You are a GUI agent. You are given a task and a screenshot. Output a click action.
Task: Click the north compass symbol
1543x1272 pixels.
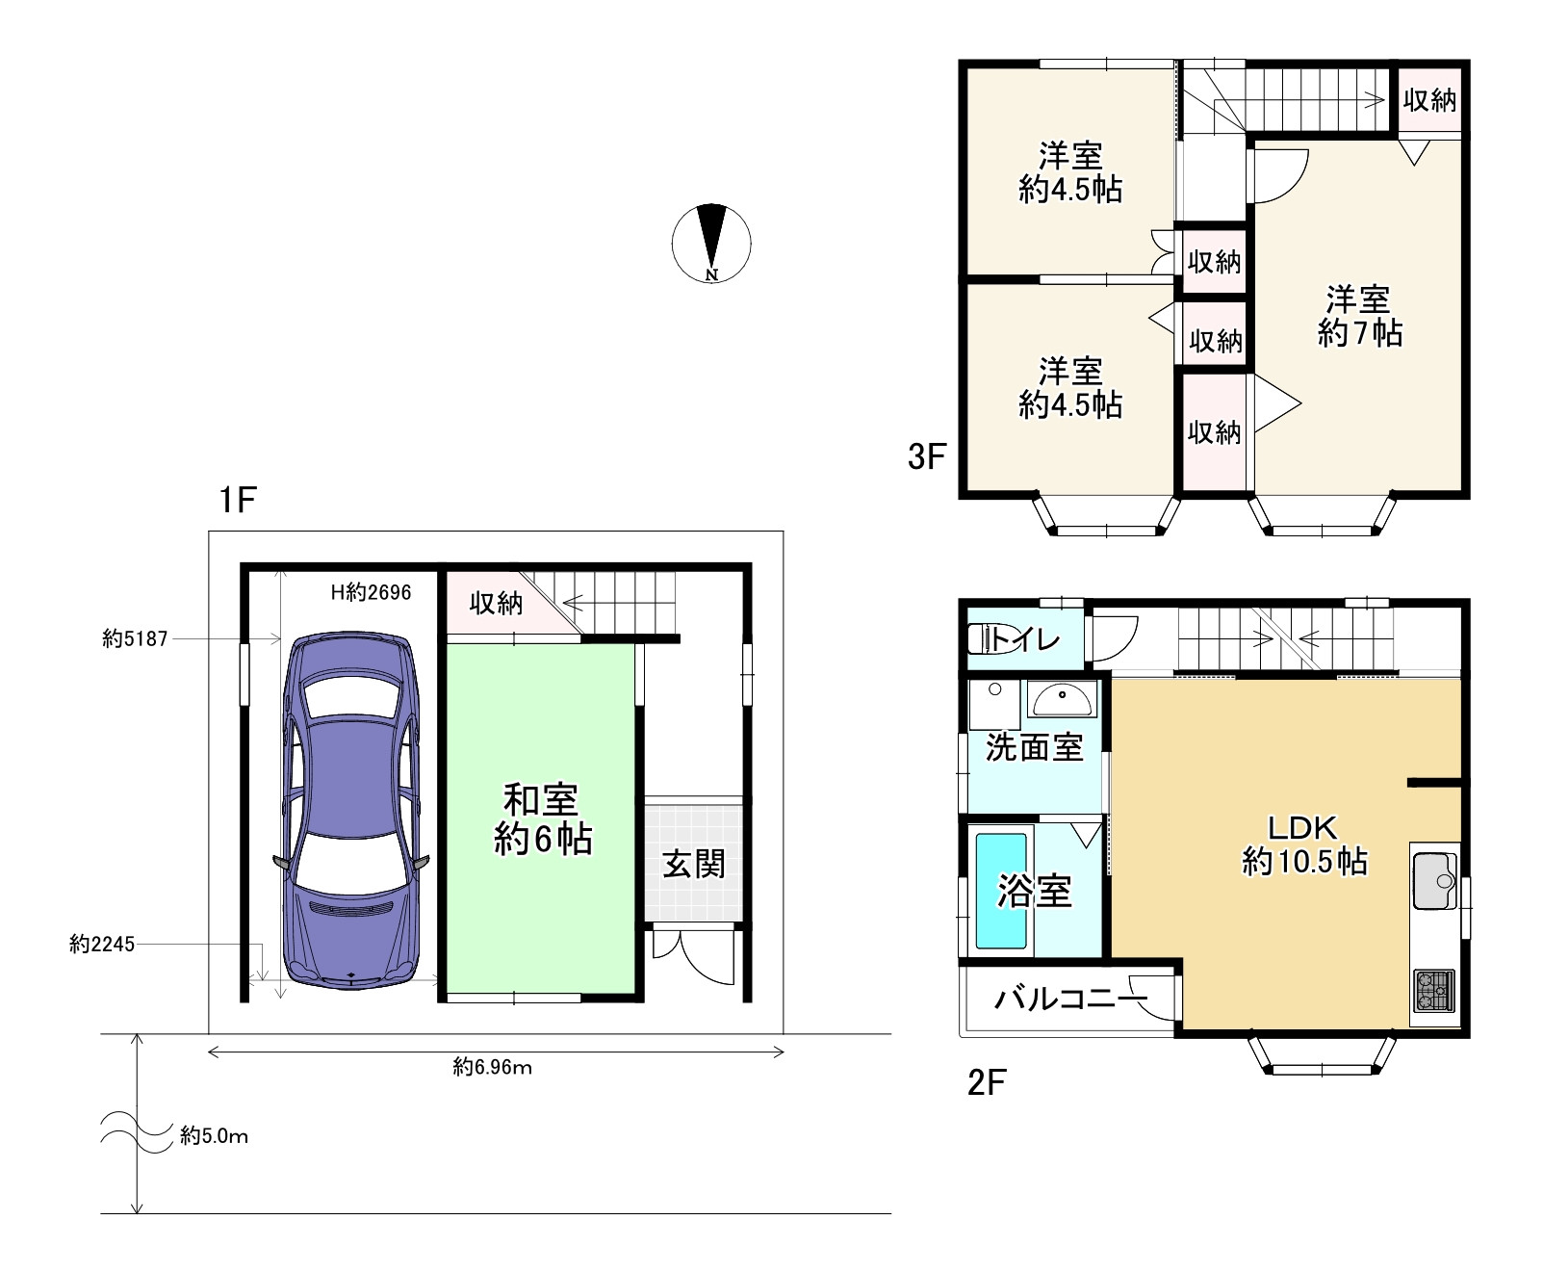click(x=711, y=243)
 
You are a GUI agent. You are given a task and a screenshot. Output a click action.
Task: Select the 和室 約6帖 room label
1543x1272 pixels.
click(x=542, y=819)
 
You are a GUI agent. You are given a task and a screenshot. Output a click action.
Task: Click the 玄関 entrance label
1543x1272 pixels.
click(x=693, y=864)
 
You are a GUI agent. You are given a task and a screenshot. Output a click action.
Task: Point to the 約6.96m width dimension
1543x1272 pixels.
click(x=493, y=1067)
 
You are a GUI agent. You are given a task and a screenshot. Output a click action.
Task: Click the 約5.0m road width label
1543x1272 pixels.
click(x=214, y=1136)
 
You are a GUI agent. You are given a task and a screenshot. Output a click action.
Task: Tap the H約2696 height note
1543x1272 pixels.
click(x=371, y=592)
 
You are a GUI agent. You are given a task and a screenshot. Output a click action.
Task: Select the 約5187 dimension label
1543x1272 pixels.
click(x=135, y=638)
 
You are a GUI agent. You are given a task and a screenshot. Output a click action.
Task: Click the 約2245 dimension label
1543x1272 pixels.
click(x=102, y=945)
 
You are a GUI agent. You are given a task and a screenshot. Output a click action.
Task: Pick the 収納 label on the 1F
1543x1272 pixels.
click(x=496, y=604)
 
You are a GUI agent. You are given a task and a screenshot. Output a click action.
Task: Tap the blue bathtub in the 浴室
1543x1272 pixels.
click(x=1001, y=891)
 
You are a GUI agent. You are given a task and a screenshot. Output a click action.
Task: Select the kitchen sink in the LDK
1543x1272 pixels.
click(x=1435, y=876)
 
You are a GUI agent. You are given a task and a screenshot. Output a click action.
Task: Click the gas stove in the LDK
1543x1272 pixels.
click(x=1434, y=991)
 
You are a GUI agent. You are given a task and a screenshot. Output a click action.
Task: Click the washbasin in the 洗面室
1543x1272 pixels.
click(x=1062, y=698)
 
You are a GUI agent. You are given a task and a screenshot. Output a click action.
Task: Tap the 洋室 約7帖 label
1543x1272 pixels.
click(x=1359, y=316)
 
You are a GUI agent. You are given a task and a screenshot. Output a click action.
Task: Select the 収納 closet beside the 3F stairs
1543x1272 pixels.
click(x=1429, y=99)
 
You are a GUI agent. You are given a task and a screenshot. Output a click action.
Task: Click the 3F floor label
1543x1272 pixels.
click(x=928, y=455)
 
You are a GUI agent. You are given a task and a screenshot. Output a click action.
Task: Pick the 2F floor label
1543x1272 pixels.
click(x=986, y=1083)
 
